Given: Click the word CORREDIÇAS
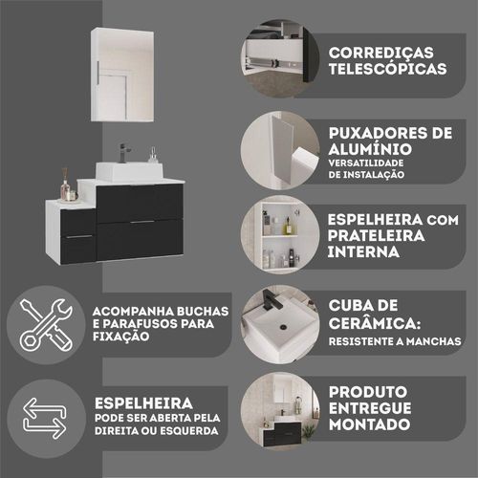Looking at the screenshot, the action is coord(381,53).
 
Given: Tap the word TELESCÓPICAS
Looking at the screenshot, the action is coord(387,69).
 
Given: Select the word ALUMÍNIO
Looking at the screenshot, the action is coord(370,149).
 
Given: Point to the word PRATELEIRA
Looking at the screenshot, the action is coord(376,236).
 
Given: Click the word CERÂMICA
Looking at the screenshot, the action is coord(374,323).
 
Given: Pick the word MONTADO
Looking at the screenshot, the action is coord(369,424).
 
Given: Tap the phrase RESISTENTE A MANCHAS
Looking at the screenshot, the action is coord(395,341).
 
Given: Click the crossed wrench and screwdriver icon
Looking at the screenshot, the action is coord(46,325).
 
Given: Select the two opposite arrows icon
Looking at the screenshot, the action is coord(45,418).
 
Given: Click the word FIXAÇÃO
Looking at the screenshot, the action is coord(121,337).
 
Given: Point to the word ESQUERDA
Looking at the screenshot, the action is coord(189,431).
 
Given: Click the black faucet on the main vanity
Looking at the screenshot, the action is coord(123,153).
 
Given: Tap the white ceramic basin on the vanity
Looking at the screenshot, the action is coord(129,171).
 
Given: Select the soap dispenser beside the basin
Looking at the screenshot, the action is coord(154,155).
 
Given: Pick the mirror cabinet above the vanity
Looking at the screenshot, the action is coord(122,75).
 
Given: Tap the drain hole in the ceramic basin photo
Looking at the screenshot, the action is coord(283,327).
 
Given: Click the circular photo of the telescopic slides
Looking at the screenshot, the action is coord(280,58).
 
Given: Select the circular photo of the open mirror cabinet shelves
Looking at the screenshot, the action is coord(280,235).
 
